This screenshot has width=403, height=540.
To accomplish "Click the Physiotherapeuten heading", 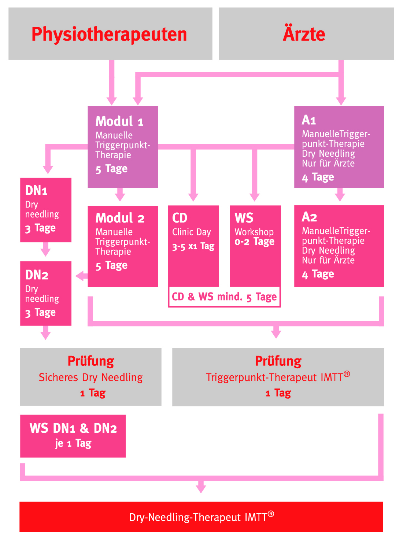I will point(109,34).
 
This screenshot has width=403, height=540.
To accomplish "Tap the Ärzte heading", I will point(304,34).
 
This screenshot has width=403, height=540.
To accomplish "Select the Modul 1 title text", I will point(119,121).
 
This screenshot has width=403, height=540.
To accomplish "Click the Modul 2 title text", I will point(120,218).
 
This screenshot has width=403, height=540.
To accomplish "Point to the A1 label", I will point(309,120).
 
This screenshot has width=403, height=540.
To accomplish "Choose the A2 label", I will point(309,217).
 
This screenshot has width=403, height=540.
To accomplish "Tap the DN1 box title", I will point(36,190).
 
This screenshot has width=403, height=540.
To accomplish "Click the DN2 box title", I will point(37,275).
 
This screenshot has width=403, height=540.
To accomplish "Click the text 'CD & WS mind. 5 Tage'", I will point(224,297).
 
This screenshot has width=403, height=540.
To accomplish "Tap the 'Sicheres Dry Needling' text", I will point(90,377).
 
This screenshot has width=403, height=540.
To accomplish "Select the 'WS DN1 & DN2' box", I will point(73,436).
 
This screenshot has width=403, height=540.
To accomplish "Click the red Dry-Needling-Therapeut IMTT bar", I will point(201,517).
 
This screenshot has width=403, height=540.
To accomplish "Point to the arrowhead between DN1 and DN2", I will point(45,252).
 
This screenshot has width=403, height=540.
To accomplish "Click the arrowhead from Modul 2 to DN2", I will point(80,276).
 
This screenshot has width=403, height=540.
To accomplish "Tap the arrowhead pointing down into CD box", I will point(193,197).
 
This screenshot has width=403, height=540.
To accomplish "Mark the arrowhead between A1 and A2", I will point(340,197).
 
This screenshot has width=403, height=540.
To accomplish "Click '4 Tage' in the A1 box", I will point(318,177).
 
